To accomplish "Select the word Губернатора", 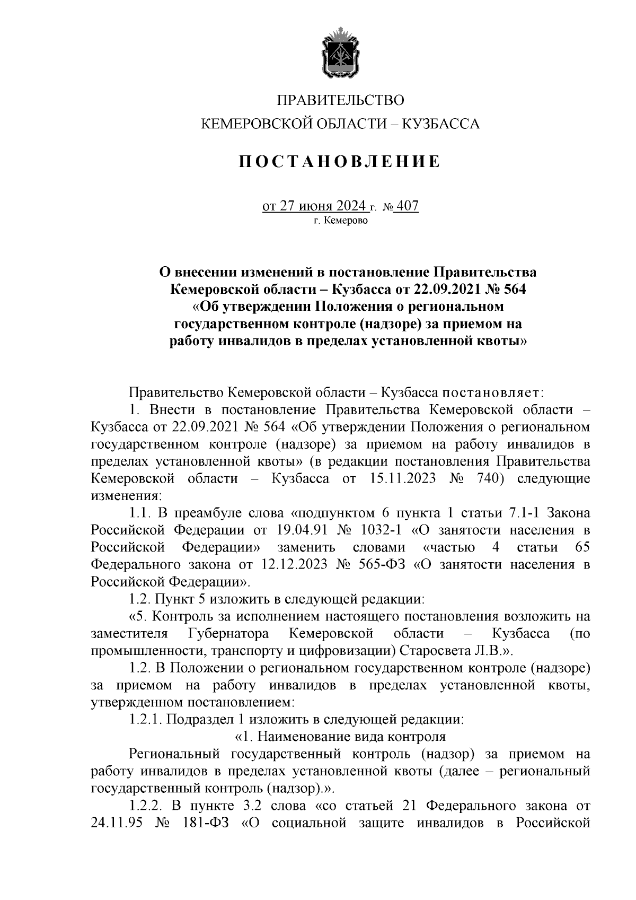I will tap(228, 633).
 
